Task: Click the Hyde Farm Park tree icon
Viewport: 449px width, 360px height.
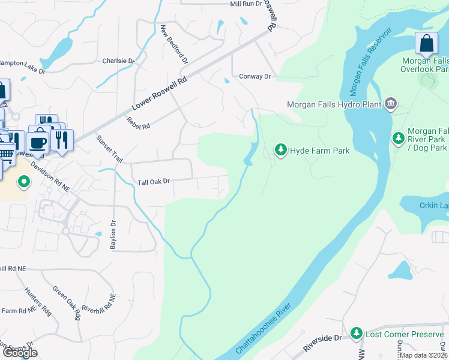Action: [280, 149]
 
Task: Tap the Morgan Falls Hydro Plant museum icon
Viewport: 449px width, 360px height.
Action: [391, 104]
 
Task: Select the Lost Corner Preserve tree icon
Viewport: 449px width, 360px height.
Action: [357, 333]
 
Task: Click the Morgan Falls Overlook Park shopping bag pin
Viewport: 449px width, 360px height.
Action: [426, 44]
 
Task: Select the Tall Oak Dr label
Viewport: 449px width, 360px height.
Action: [154, 181]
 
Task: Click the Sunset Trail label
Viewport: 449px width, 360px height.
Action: [109, 149]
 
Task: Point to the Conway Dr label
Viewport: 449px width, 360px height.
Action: [255, 77]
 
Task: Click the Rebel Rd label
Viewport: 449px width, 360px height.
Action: [137, 122]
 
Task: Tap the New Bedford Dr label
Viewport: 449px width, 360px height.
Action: [175, 45]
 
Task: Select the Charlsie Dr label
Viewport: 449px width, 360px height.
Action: [118, 61]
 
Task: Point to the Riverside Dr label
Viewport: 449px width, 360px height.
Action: [322, 343]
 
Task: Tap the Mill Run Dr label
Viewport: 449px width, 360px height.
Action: [246, 4]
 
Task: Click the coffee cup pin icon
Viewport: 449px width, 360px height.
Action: [38, 142]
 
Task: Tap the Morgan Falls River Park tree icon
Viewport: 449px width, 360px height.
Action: [398, 139]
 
